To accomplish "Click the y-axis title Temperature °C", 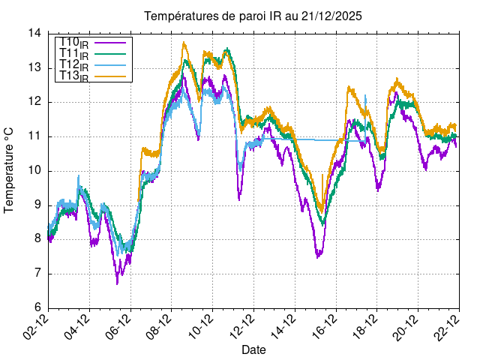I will coord(10,170).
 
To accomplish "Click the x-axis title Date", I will coord(253,349).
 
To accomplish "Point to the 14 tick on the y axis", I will coord(35,34).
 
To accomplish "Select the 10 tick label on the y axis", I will coord(35,171).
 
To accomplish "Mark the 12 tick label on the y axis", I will coord(35,102).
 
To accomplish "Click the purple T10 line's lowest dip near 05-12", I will coord(117,283).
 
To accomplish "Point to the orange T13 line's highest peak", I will coord(184,43).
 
